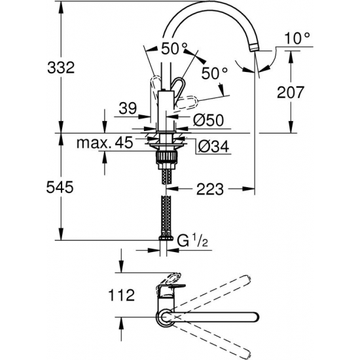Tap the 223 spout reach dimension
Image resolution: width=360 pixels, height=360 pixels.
pyautogui.click(x=209, y=189)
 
